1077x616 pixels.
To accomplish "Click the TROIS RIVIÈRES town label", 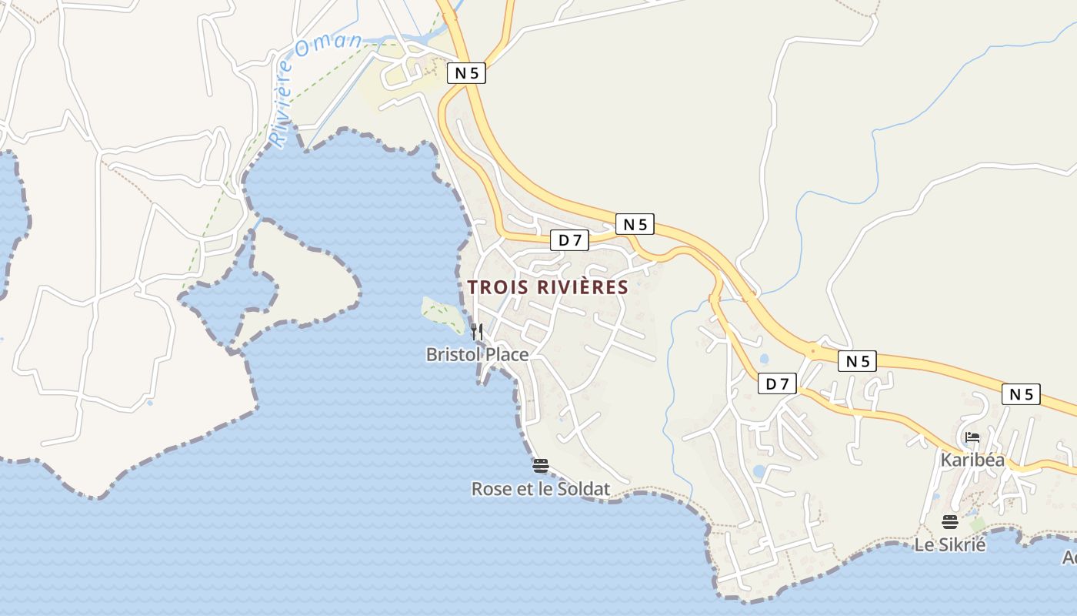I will (548, 287).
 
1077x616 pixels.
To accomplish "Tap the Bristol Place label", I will (477, 354).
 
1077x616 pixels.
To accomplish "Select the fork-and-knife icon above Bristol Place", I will (477, 332).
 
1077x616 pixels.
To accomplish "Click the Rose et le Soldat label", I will (540, 489).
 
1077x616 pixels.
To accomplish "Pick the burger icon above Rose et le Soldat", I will (540, 465).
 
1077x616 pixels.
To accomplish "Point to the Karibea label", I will (972, 460).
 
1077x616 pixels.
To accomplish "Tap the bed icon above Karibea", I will (972, 438).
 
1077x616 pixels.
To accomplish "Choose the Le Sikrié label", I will (949, 544).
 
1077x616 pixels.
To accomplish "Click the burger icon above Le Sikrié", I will (949, 522).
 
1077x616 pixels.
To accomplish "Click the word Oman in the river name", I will (328, 46).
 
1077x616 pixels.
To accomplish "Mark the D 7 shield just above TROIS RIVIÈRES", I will (569, 240).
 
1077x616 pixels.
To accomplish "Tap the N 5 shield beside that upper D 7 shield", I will (635, 224).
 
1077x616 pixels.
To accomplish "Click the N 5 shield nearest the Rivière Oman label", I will (466, 73).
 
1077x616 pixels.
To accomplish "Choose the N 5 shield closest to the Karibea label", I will (1021, 394).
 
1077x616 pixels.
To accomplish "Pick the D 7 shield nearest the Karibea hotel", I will (777, 383).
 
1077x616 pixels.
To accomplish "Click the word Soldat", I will (582, 489).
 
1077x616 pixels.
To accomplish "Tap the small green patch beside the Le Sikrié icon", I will (977, 524).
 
